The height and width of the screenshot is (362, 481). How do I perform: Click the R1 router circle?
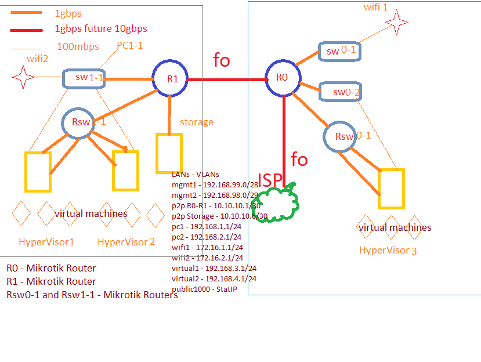click(x=171, y=79)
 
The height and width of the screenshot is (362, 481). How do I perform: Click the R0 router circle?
click(x=283, y=78)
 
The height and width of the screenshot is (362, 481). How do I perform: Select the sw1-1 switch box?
click(x=84, y=78)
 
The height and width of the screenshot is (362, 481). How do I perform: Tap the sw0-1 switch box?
click(x=339, y=51)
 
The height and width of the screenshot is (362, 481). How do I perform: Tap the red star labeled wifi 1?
click(x=397, y=23)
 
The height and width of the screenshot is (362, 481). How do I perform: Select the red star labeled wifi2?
click(x=23, y=77)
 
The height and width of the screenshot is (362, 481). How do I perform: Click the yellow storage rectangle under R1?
click(x=169, y=153)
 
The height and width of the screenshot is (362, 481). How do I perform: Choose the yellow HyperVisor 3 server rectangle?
click(x=390, y=189)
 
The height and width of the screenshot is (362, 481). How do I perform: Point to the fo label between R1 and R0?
click(x=222, y=60)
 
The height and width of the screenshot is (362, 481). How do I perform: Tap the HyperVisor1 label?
click(x=46, y=242)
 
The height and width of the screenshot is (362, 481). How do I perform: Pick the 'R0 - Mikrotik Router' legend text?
click(x=51, y=268)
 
